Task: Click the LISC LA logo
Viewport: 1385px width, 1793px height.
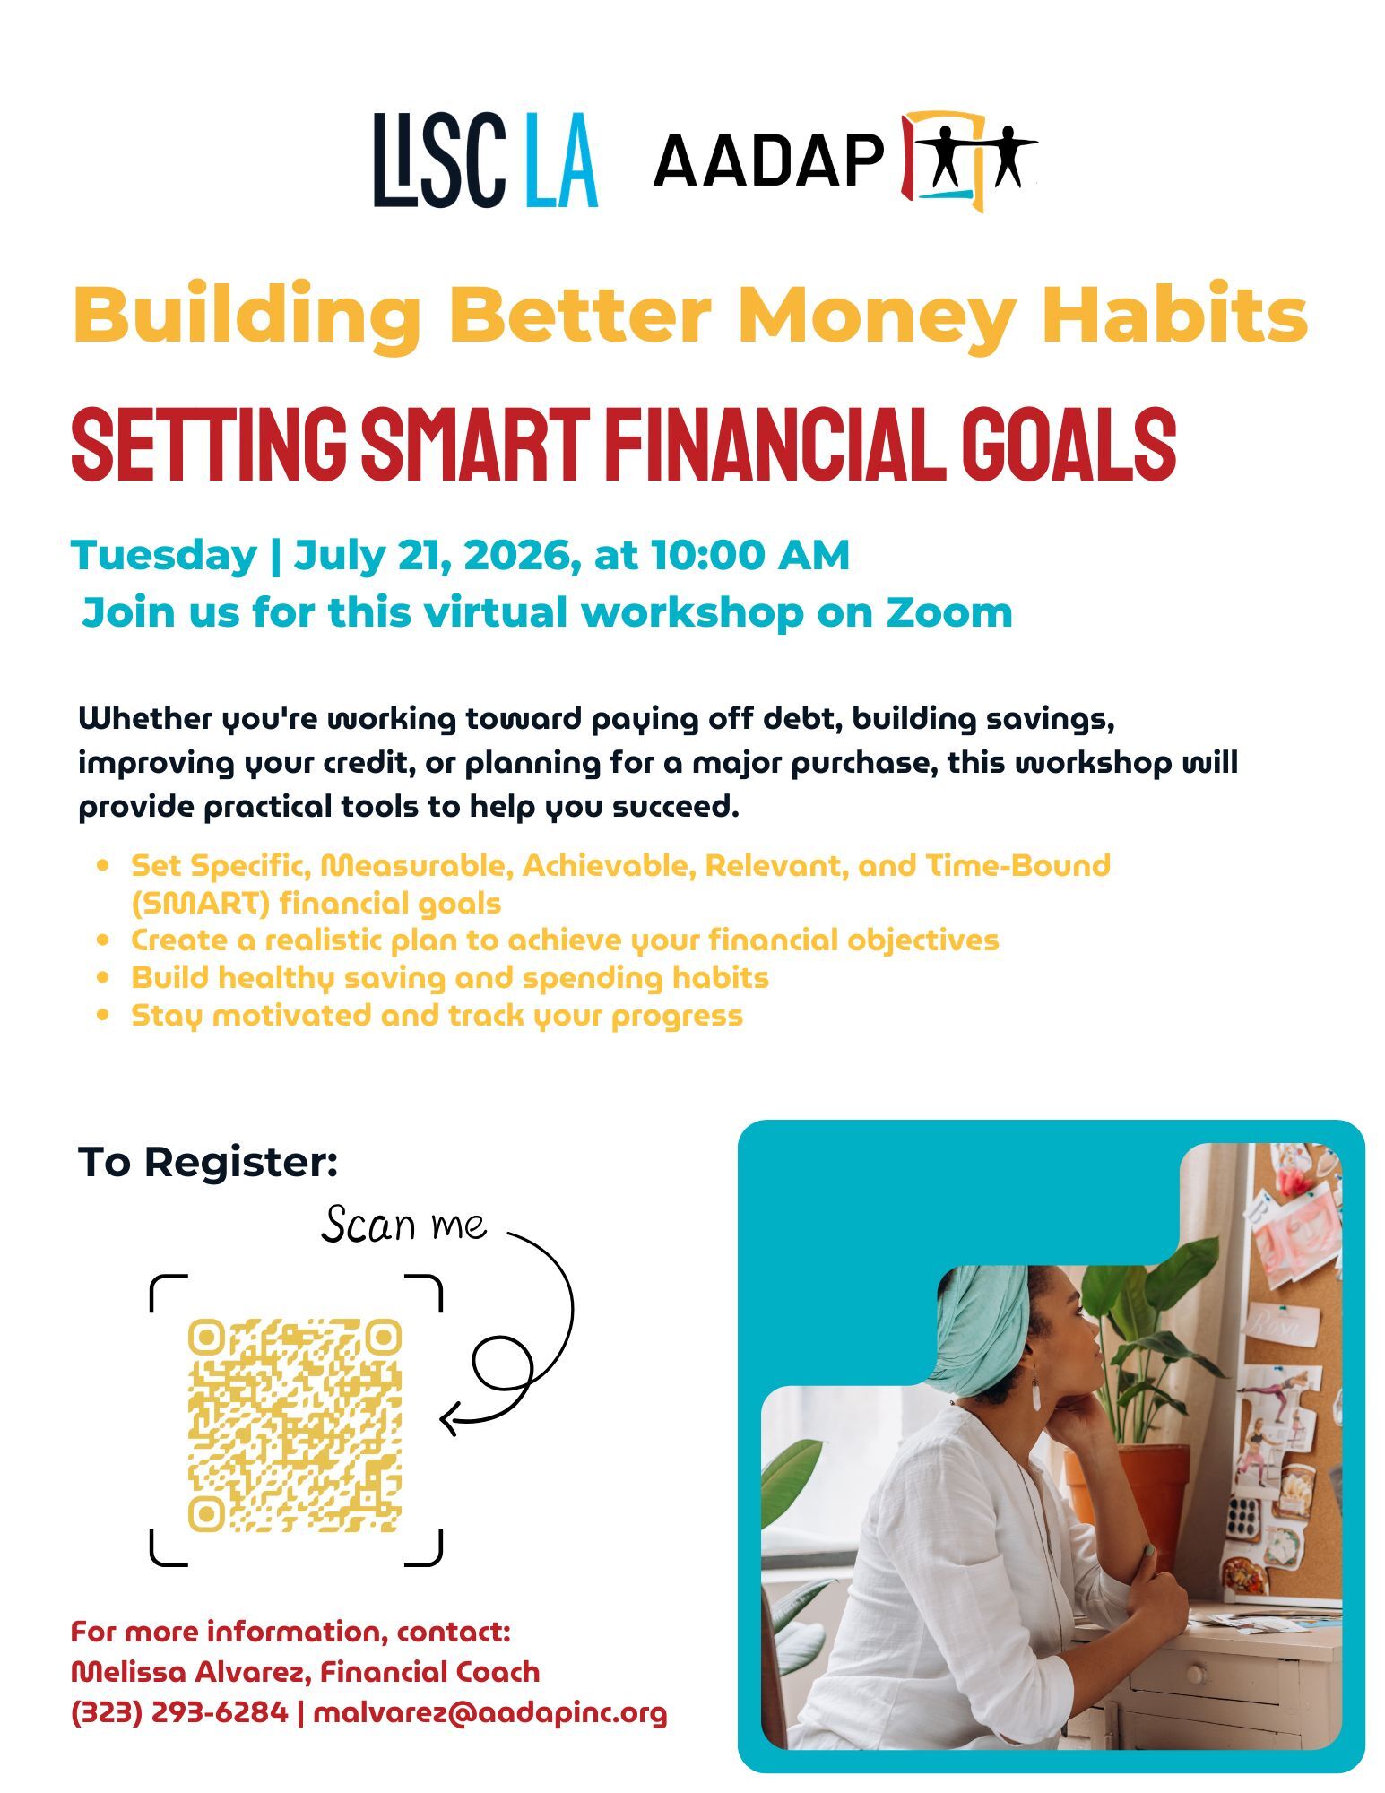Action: [x=485, y=160]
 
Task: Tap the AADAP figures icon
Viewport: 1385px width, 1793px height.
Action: [x=968, y=160]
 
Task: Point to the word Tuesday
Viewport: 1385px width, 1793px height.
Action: [x=164, y=555]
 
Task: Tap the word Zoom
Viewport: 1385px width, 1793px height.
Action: [x=949, y=612]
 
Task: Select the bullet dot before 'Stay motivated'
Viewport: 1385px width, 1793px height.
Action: [x=105, y=1015]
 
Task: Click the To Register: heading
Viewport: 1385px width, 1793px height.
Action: [x=208, y=1162]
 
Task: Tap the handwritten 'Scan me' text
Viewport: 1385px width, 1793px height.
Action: [x=404, y=1225]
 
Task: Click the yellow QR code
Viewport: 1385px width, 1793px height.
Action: [x=295, y=1425]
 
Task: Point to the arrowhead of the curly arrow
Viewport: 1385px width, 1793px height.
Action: [x=450, y=1418]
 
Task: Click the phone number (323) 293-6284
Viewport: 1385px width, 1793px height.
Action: [x=179, y=1712]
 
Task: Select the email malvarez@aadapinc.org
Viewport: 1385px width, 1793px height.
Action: [x=490, y=1712]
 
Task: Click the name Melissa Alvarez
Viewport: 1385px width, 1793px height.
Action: [x=190, y=1672]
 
